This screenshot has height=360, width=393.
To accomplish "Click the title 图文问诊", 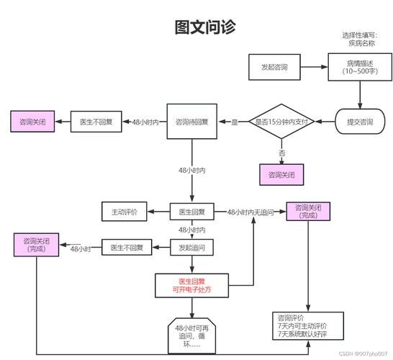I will (204, 27).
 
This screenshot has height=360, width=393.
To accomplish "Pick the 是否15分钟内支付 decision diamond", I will (282, 122).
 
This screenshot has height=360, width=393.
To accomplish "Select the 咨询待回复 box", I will (192, 122).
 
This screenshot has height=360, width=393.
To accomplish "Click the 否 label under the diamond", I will (282, 153).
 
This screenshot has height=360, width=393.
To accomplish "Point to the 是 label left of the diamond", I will (234, 122).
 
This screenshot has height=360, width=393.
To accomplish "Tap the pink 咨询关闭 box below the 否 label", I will (281, 174).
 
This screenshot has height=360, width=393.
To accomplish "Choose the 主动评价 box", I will (124, 212).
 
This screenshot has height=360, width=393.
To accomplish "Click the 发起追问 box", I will (192, 248).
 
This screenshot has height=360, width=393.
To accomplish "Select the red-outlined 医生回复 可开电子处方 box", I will (192, 285).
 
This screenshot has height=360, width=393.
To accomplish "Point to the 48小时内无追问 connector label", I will (251, 212).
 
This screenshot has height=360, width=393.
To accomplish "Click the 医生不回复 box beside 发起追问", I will (127, 248).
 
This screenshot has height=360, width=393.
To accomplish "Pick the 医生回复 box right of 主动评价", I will (192, 212).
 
